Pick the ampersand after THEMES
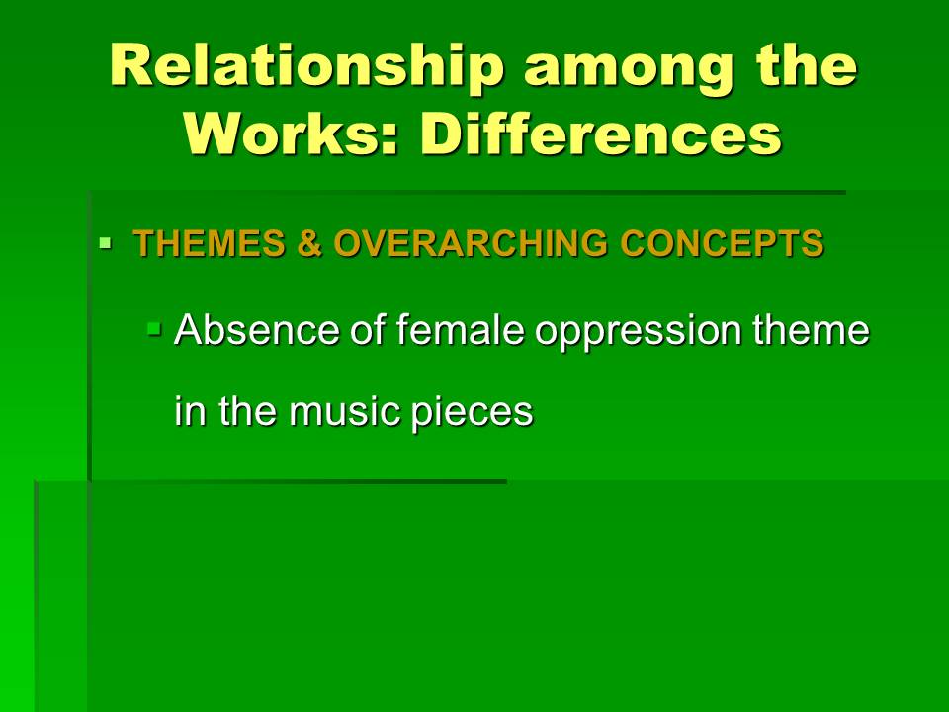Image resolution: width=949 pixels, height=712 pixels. [x=309, y=243]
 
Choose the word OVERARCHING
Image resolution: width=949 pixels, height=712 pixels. [x=471, y=243]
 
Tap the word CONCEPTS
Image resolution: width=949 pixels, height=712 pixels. [x=722, y=243]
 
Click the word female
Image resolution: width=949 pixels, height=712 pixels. [x=461, y=330]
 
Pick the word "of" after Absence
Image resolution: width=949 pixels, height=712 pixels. [x=369, y=330]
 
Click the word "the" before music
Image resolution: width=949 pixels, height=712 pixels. [x=247, y=411]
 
